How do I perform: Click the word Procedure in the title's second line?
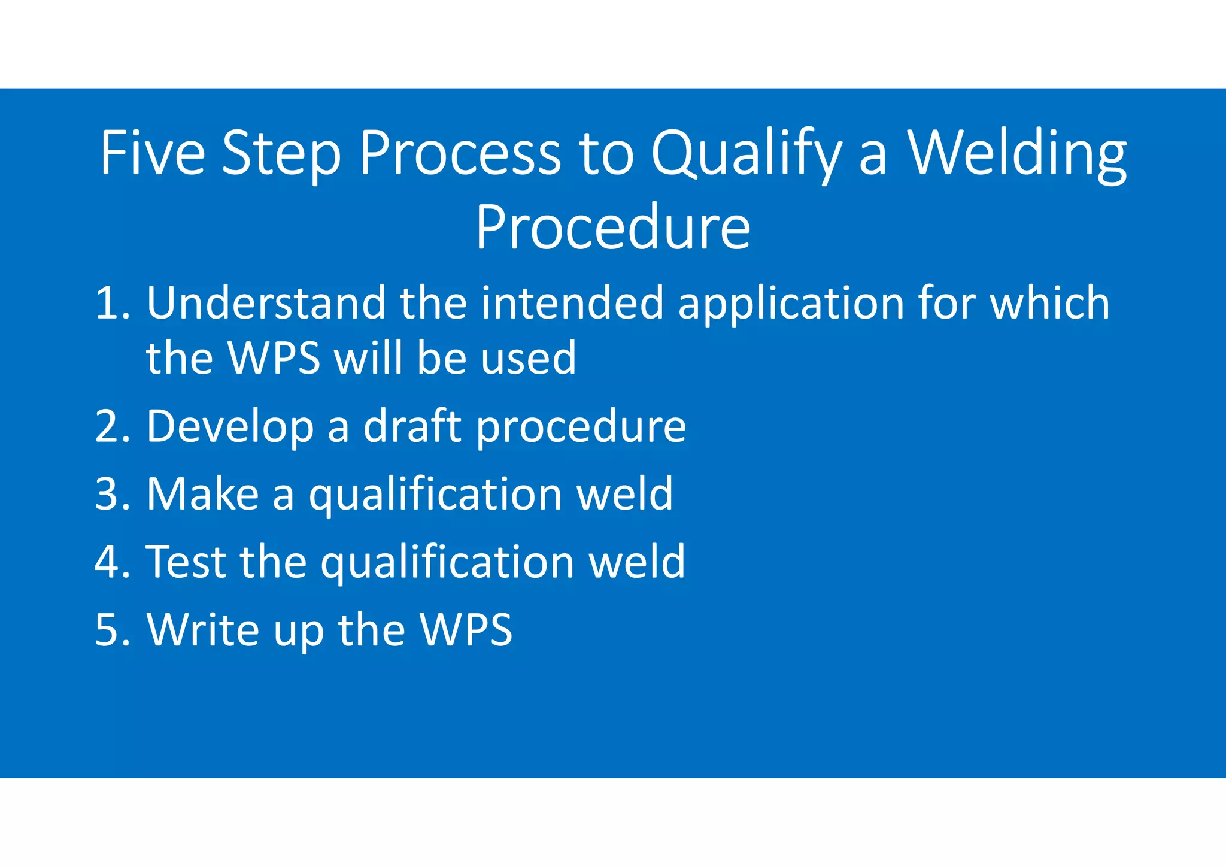pos(612,228)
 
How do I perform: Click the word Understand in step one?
pos(266,303)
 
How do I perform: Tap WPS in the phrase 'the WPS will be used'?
pos(275,359)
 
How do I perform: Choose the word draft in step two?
pos(412,426)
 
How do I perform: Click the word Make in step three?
pos(202,495)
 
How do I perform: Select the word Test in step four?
pos(186,562)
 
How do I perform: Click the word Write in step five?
pos(203,630)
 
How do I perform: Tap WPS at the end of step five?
pos(466,630)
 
